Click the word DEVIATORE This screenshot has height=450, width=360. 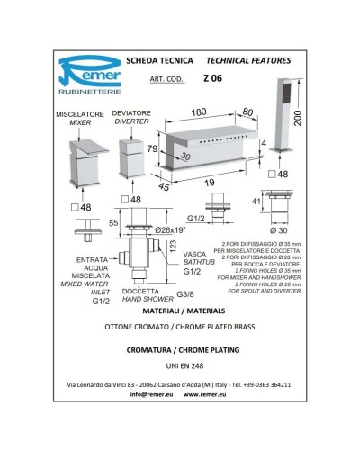[131, 112]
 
